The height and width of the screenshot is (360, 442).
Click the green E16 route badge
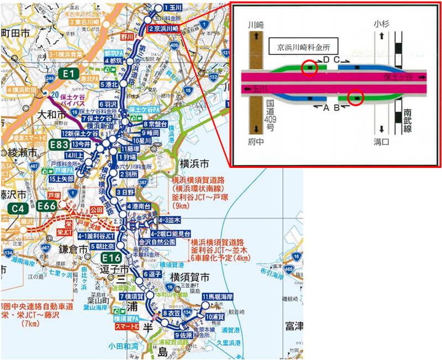[x=110, y=257]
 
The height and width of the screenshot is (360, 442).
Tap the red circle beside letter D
[x=309, y=67]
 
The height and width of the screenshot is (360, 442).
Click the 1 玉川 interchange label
[x=169, y=8]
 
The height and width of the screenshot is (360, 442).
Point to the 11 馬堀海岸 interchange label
[x=222, y=297]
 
